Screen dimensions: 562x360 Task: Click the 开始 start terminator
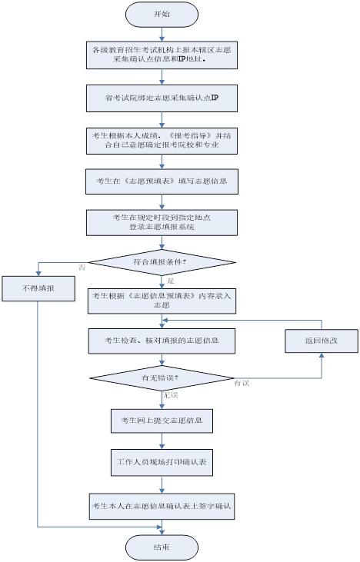tap(161, 14)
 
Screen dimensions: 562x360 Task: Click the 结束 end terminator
tap(161, 546)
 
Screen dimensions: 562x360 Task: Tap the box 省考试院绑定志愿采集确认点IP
tap(161, 98)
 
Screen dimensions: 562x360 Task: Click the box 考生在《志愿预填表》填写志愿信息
tap(161, 181)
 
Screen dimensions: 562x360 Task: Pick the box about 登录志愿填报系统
tap(161, 223)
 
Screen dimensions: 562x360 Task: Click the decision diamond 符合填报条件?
tap(161, 263)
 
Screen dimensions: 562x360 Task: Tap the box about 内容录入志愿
tap(161, 300)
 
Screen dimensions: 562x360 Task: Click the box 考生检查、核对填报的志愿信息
tap(161, 339)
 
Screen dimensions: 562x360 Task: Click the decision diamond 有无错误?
tap(161, 378)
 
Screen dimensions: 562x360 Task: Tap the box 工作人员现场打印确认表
tap(161, 464)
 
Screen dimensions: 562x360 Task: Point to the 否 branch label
tap(82, 268)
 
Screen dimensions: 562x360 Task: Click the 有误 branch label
tap(242, 383)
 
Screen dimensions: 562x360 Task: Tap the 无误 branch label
tap(171, 394)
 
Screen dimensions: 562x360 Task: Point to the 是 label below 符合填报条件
tap(171, 281)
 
